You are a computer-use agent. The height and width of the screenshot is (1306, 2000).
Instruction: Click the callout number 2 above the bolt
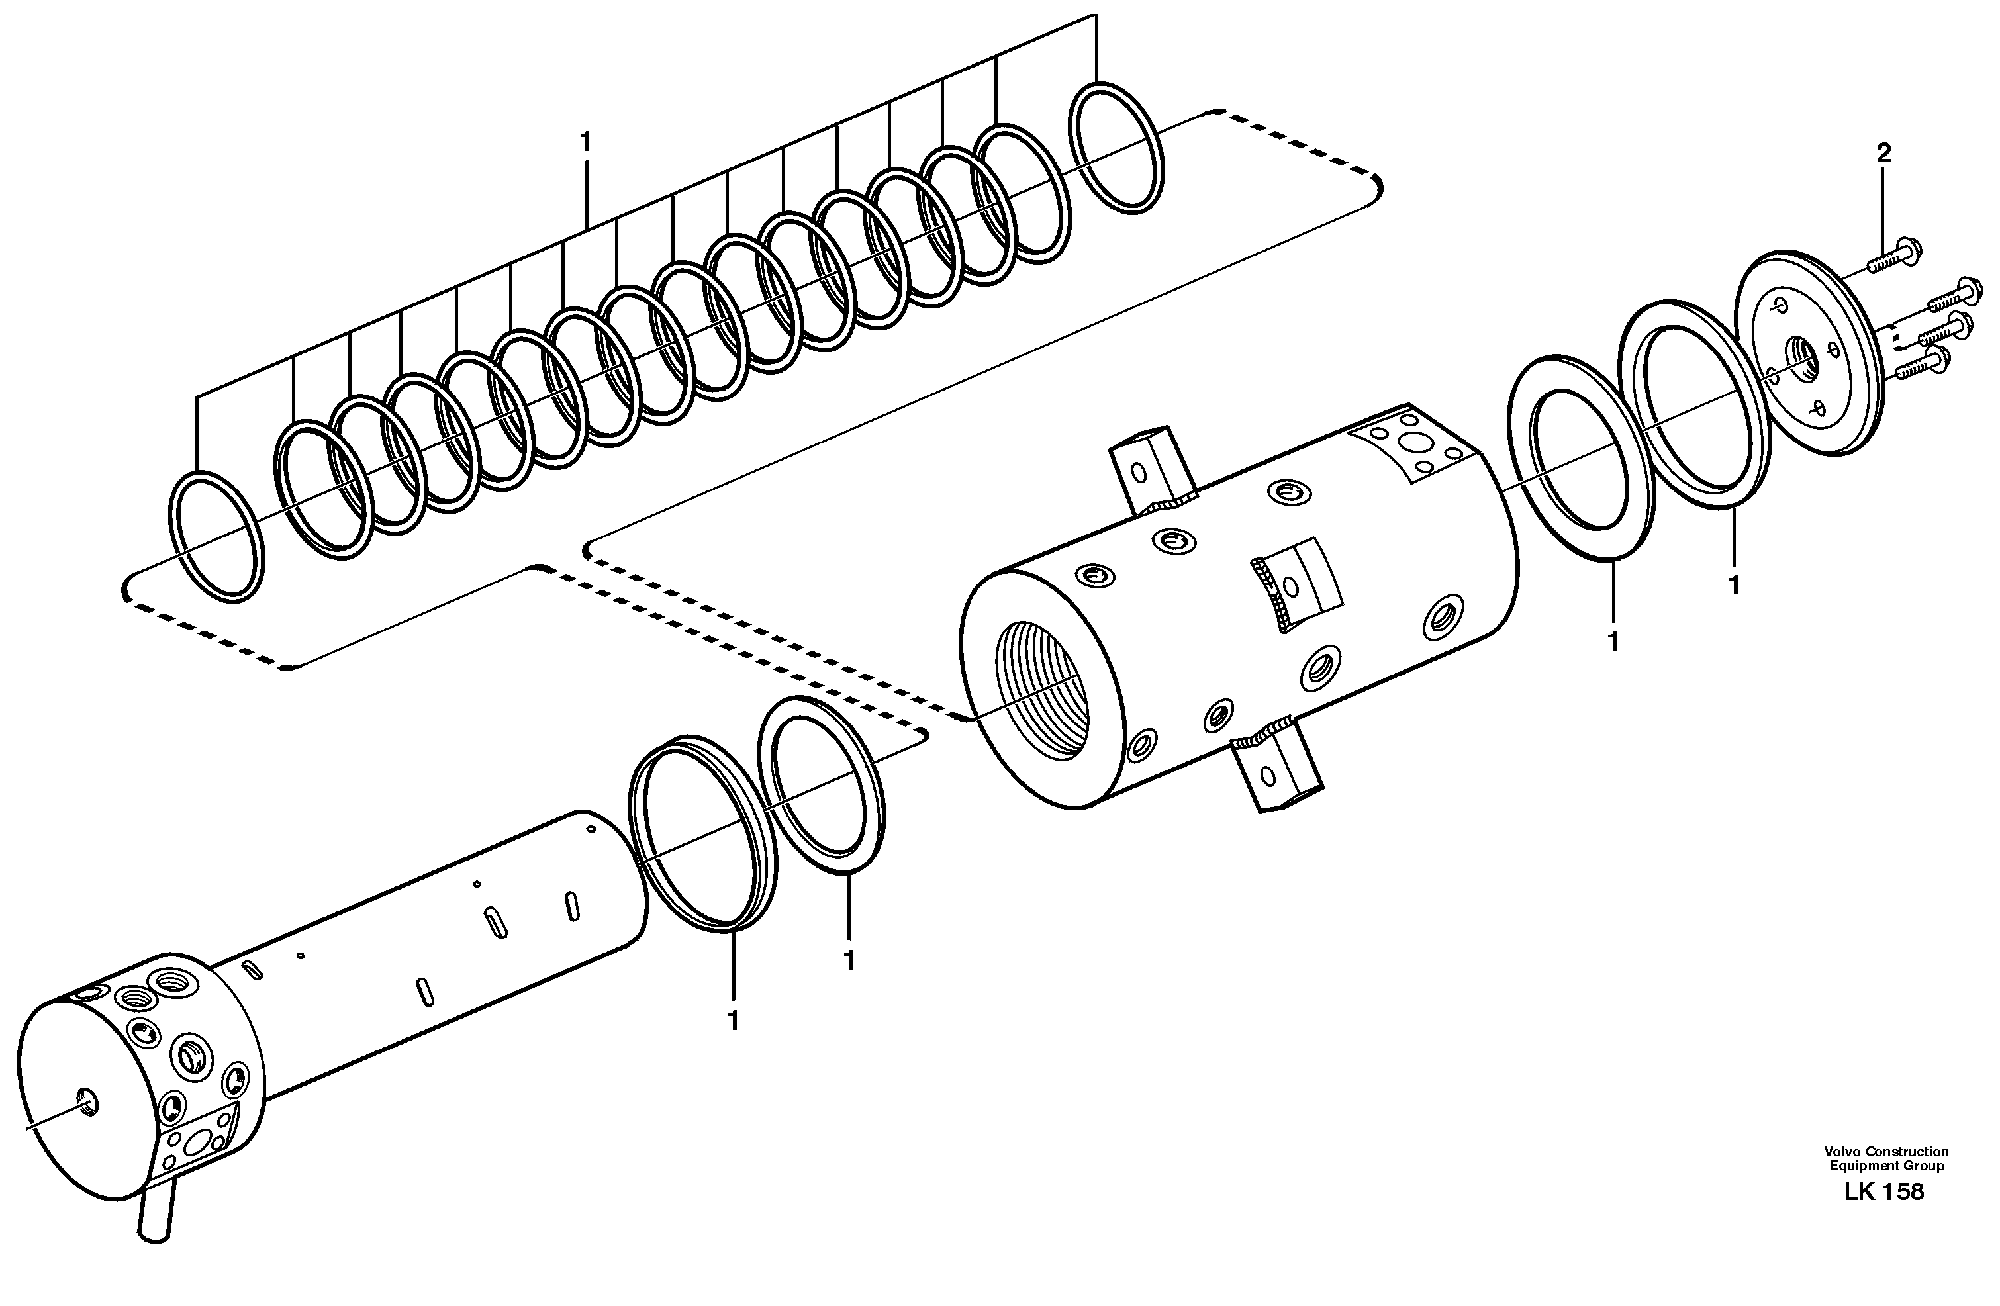tap(1883, 153)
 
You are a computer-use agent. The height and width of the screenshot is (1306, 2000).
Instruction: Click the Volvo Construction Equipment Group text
tap(1885, 1158)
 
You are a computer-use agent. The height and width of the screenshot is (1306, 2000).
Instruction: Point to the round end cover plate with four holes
tap(1807, 353)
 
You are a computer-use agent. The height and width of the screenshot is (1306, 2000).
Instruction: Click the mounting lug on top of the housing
tap(1152, 471)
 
